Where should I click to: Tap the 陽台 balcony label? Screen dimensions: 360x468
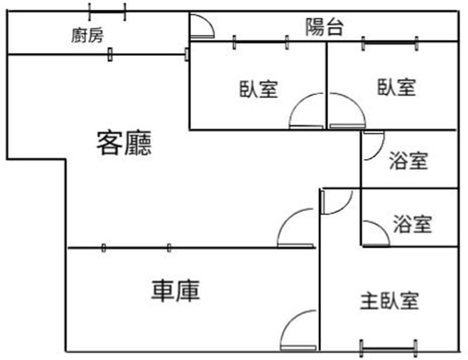(324, 27)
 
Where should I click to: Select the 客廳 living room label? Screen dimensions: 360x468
(124, 143)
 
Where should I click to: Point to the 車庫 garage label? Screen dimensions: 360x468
(176, 290)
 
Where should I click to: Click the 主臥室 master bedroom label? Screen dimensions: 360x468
(389, 302)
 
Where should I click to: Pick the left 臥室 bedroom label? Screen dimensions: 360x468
(258, 89)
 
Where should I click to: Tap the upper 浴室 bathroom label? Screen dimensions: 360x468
(408, 160)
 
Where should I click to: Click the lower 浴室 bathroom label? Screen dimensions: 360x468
(412, 223)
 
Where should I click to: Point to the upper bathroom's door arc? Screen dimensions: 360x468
(373, 146)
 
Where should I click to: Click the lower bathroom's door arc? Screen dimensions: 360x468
(375, 234)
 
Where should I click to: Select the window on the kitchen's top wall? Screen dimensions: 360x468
(107, 10)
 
